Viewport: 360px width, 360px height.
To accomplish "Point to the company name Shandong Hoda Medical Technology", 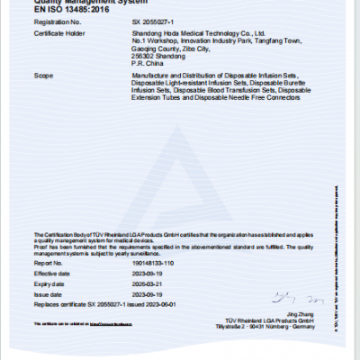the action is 197,33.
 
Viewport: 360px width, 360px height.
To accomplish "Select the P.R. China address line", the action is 146,62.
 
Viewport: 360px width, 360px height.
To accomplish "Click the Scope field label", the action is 44,76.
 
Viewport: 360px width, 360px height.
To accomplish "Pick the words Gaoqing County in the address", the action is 155,48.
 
